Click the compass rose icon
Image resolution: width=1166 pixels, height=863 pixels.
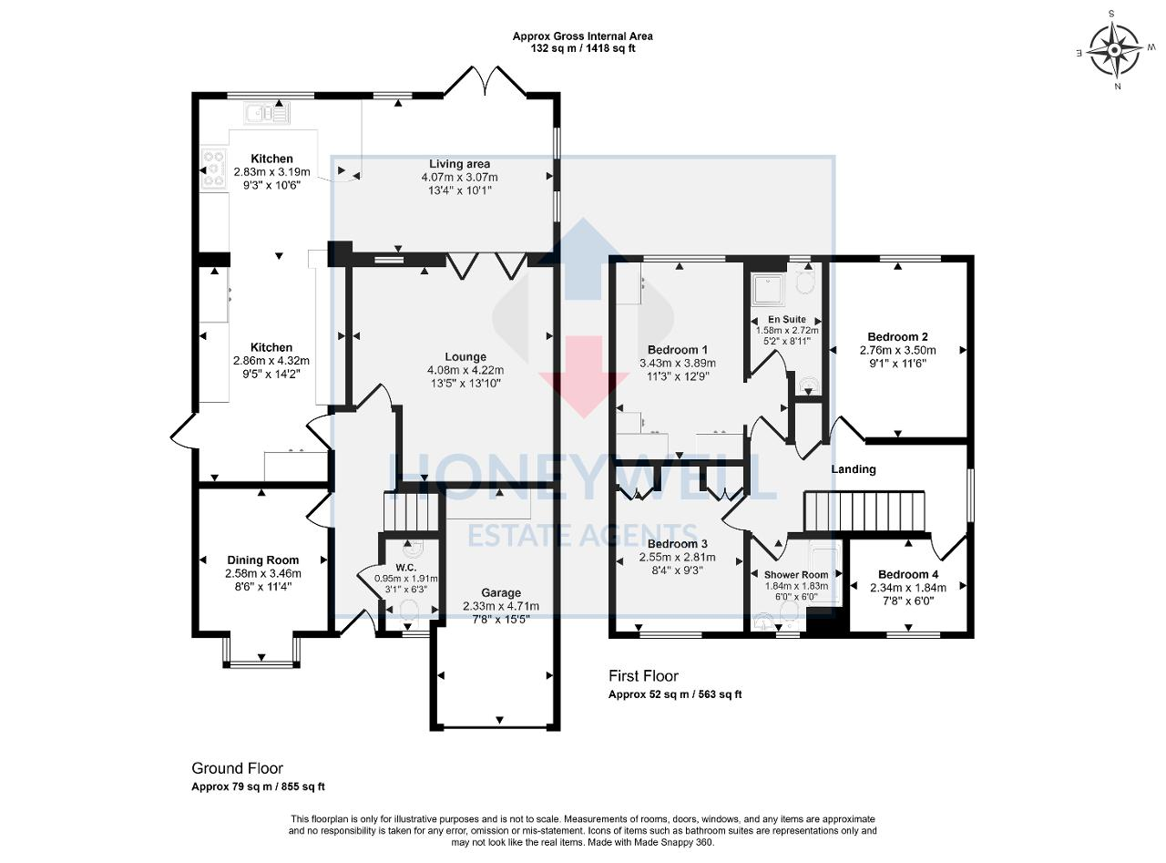tap(1112, 50)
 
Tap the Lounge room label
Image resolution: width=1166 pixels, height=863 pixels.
tap(465, 356)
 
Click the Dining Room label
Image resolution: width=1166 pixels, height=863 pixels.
tap(263, 560)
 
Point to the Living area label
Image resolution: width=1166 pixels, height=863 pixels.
tap(460, 163)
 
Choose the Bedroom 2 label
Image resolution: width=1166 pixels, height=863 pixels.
tap(897, 336)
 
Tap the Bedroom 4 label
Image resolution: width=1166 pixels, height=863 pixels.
tap(907, 574)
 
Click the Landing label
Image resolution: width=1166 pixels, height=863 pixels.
tap(854, 469)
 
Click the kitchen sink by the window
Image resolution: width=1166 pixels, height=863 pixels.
tap(266, 114)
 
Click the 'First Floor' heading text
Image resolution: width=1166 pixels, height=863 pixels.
tap(643, 675)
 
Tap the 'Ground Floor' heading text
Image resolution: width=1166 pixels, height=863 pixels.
tap(231, 768)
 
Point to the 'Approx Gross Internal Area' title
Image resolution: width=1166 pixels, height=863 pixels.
tap(582, 36)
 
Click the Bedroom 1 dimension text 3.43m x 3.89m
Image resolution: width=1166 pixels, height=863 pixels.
tap(678, 363)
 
